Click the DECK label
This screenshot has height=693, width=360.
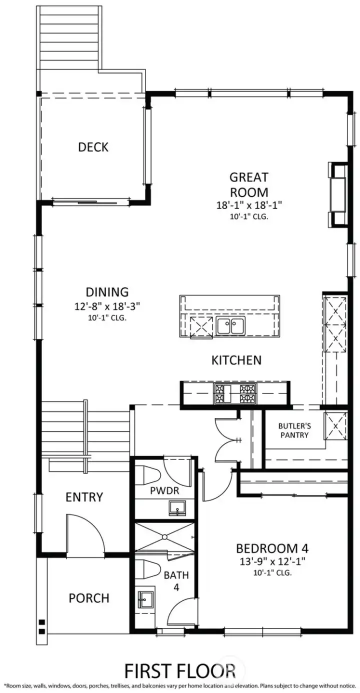click(x=93, y=147)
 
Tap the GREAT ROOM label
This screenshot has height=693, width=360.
click(x=248, y=184)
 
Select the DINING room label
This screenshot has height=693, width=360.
click(x=106, y=291)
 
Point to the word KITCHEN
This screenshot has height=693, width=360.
click(x=236, y=360)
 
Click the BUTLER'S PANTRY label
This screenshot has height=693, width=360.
click(x=294, y=430)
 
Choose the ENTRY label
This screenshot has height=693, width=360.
click(x=84, y=497)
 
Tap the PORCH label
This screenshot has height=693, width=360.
click(x=89, y=598)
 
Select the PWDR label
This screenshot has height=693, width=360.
click(x=164, y=490)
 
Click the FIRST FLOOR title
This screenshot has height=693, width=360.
click(x=180, y=669)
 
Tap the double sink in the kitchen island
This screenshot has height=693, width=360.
click(x=230, y=326)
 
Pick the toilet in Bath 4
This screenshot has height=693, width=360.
click(x=148, y=569)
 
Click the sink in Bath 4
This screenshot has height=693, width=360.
click(x=144, y=598)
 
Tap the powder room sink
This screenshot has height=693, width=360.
click(x=176, y=509)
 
